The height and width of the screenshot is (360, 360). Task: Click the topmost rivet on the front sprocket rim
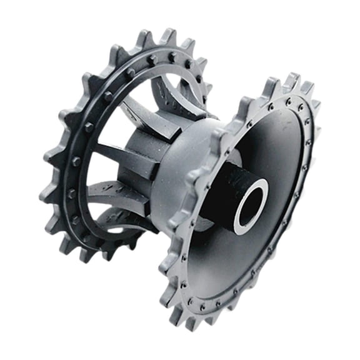click(x=288, y=100)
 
